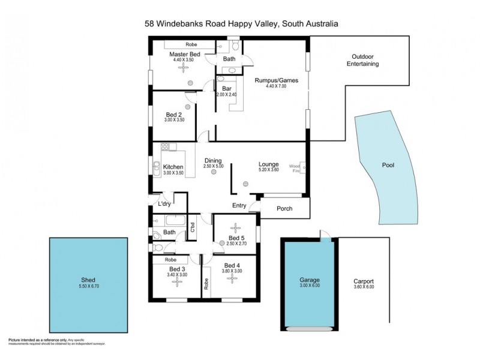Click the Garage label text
point(310,280)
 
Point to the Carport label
point(364,281)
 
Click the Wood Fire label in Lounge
point(295,169)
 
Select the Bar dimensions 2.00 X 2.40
point(226,94)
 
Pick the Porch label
point(284,209)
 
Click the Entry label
point(240,206)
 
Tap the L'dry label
point(164,205)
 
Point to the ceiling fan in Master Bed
point(182,67)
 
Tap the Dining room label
point(213,160)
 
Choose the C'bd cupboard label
point(193,228)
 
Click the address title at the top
point(241,24)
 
